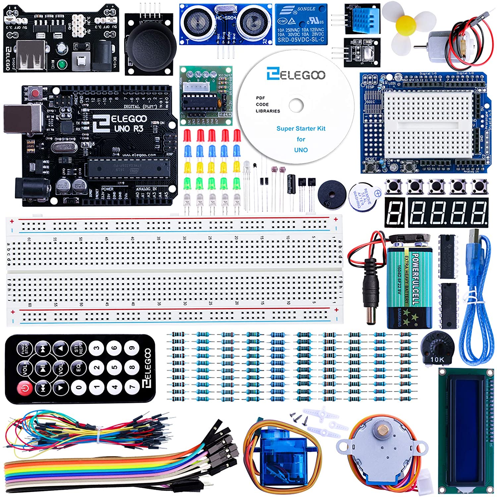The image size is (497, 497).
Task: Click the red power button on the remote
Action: point(25,387)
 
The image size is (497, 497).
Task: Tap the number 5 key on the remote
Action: point(114,367)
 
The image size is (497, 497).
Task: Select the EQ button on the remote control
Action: point(79,367)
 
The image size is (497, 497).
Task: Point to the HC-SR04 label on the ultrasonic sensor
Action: point(226,18)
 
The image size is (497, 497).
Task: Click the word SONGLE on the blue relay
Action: point(306,9)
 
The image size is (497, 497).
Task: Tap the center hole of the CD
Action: point(296,105)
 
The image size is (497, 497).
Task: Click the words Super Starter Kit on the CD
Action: point(301,129)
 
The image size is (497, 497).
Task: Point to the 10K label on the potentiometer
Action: point(437,359)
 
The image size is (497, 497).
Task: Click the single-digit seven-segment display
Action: point(395,212)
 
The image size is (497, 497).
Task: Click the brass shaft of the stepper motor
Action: point(383,430)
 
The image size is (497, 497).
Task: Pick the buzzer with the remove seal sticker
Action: point(363,196)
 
